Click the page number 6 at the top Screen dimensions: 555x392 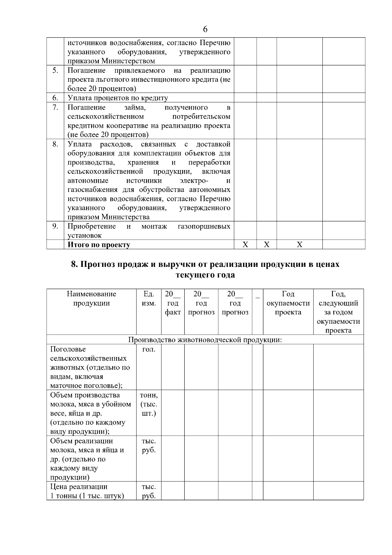point(205,29)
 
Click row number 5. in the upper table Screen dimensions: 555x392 point(55,70)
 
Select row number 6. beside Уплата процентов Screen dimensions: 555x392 point(55,98)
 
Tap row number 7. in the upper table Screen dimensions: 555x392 point(55,107)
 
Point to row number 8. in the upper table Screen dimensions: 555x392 point(55,144)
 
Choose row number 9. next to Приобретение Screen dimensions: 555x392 point(55,226)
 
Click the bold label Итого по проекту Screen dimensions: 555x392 point(99,245)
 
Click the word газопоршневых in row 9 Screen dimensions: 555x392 point(204,226)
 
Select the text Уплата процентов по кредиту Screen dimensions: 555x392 point(118,98)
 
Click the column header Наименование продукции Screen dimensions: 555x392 point(91,299)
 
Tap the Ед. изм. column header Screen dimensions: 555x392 point(149,299)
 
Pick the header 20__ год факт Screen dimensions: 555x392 point(173,303)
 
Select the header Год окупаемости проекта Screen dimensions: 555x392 point(288,303)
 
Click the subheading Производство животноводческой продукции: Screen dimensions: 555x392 point(205,340)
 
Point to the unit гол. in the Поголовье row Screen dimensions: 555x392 point(149,349)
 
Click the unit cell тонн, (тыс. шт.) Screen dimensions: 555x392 point(149,404)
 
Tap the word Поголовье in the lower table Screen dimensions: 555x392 point(68,349)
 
